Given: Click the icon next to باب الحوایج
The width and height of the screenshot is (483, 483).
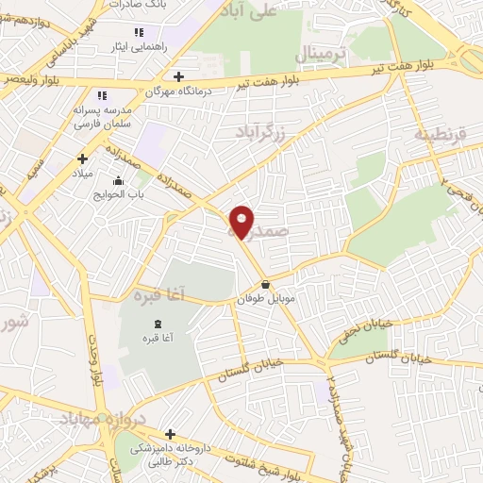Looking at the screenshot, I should point(118,181).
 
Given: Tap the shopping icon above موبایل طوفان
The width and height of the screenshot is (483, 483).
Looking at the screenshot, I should point(265,284).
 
